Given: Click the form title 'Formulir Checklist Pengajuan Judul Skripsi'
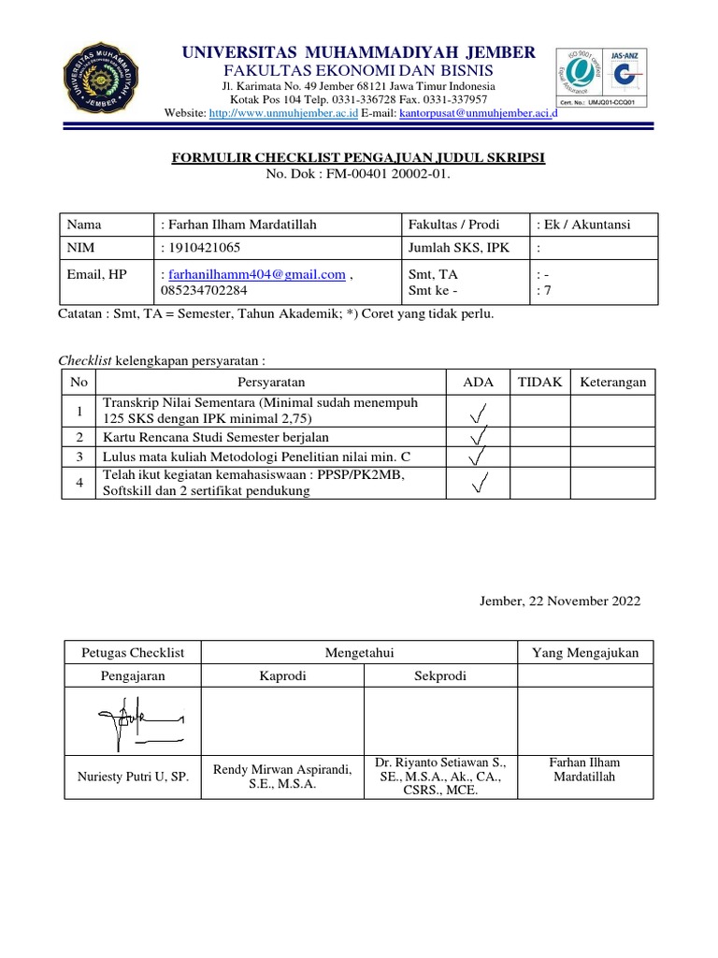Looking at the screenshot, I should tap(358, 159).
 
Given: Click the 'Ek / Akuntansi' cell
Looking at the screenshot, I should tap(584, 225).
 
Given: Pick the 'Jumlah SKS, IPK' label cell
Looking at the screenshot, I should tap(452, 248).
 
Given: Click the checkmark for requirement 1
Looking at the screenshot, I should tap(477, 411).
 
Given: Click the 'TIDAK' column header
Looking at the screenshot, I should tap(539, 382).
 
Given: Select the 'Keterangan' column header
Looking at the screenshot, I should tap(613, 382).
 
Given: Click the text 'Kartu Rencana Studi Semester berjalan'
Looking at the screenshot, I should tap(216, 437).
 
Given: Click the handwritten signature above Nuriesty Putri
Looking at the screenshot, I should tap(134, 722).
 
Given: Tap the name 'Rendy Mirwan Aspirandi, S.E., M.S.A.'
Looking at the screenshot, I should tap(282, 777).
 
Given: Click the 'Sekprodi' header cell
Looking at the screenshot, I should tap(439, 676).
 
